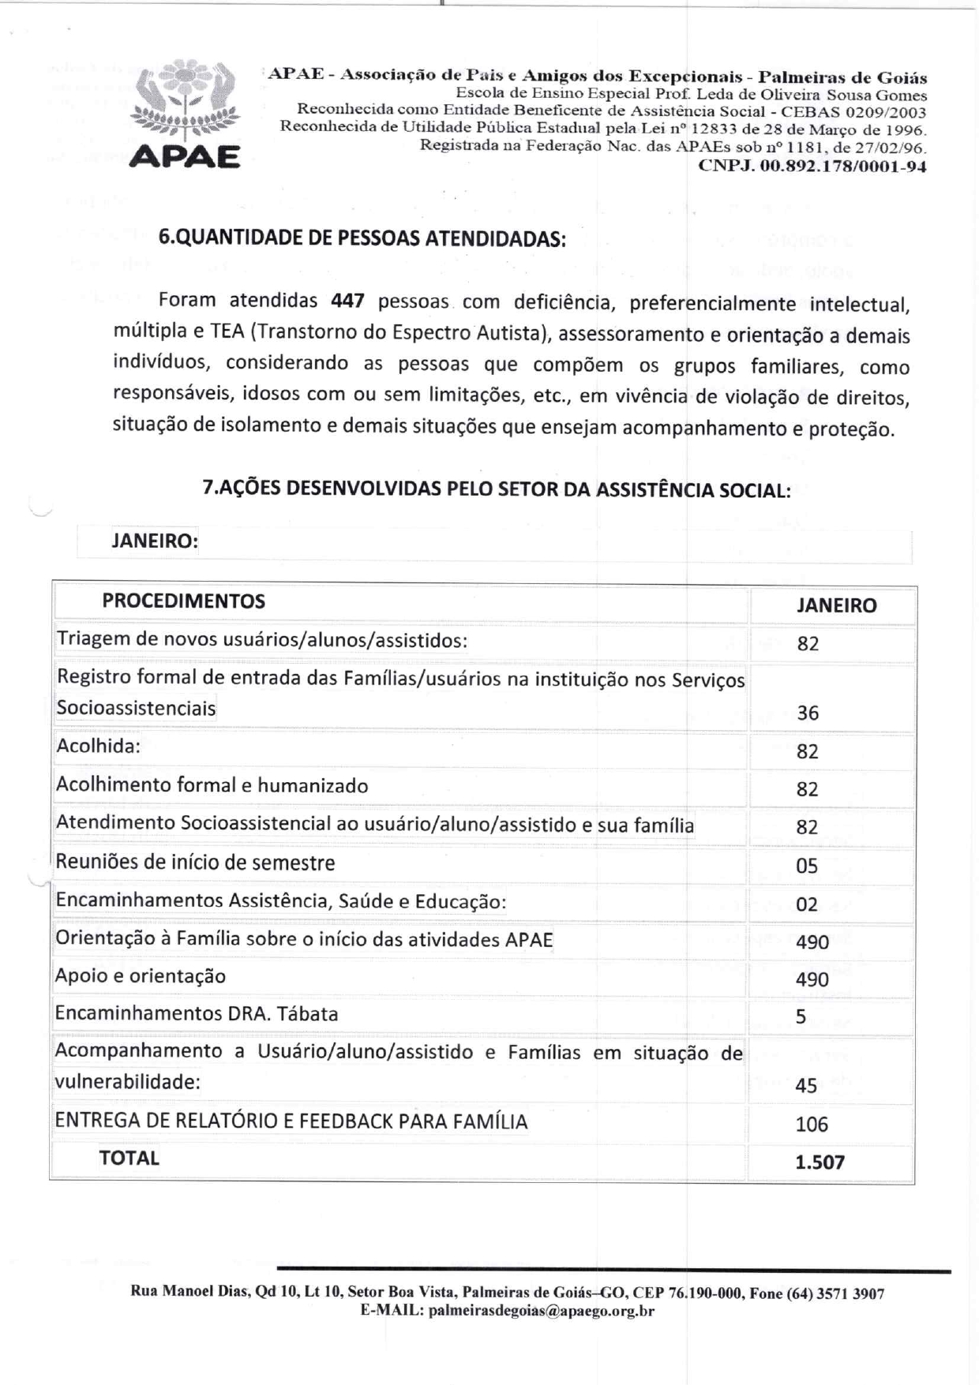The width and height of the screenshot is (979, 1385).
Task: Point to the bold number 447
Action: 347,301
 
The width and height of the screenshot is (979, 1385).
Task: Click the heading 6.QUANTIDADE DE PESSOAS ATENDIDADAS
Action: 362,238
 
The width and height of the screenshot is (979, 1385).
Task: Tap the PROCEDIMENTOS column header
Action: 183,601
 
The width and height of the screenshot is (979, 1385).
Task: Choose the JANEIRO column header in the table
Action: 836,605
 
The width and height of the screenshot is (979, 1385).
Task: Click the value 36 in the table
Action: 808,713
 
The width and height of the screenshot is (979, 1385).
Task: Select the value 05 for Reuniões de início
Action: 807,866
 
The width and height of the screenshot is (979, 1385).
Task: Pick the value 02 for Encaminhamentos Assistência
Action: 807,904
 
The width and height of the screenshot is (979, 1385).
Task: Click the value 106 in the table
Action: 812,1124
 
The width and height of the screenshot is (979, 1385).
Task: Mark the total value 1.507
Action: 820,1162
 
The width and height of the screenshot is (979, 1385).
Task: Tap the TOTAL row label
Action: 129,1158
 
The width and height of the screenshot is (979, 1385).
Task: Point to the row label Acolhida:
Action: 98,746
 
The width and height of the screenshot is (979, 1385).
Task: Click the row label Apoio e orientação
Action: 141,976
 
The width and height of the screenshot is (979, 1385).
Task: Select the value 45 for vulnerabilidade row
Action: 806,1085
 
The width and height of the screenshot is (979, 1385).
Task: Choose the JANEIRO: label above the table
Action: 155,541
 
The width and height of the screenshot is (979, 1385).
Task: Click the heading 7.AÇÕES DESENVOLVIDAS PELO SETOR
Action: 497,488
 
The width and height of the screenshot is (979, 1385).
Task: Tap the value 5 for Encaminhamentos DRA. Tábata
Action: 801,1016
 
